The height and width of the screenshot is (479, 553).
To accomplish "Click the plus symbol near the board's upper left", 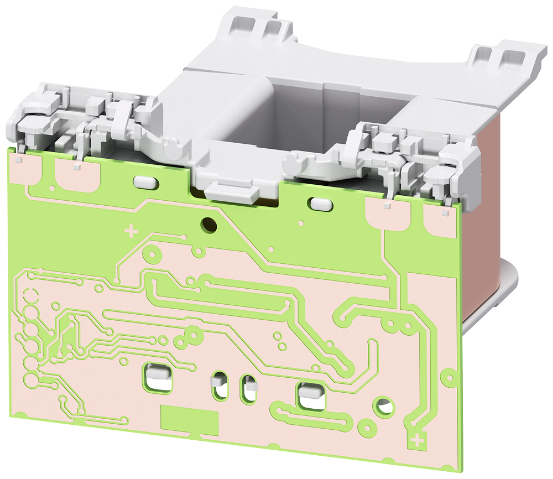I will pyautogui.click(x=131, y=230).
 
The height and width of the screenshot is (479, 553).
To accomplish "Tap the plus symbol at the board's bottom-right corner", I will pyautogui.click(x=418, y=440).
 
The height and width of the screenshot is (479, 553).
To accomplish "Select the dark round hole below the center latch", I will pyautogui.click(x=210, y=224).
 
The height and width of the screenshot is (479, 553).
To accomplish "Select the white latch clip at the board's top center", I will pyautogui.click(x=232, y=191).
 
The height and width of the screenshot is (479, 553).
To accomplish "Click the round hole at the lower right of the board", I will pyautogui.click(x=383, y=407).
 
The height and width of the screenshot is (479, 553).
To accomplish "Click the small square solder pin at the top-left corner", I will pyautogui.click(x=19, y=159).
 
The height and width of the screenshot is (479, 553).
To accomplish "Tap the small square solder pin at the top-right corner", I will pyautogui.click(x=443, y=211).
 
